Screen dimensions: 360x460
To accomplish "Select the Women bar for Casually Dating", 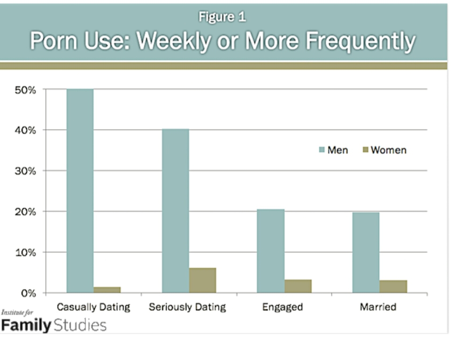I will click(107, 290).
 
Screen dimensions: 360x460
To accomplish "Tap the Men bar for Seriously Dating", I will click(176, 211).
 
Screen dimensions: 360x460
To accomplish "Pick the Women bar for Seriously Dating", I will click(203, 281).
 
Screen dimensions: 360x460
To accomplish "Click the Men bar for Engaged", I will click(271, 251).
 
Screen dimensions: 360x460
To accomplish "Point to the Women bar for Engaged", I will click(298, 286).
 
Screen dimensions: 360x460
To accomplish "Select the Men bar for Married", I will click(366, 253).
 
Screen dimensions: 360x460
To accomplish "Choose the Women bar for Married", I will click(393, 287).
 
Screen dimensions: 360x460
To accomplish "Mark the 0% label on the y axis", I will click(28, 293).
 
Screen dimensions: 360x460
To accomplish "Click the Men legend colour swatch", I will click(322, 150).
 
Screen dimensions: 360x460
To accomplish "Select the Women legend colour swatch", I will click(365, 150).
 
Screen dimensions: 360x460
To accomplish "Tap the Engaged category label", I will click(283, 307).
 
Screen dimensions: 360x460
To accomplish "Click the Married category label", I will click(378, 307).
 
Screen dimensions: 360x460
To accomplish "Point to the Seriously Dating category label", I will click(187, 307).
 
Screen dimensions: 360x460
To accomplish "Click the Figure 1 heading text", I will click(222, 17).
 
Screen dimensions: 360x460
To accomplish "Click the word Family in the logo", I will click(25, 325).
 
